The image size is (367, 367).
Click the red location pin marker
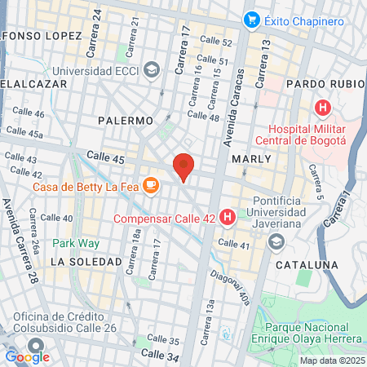pos(184,167)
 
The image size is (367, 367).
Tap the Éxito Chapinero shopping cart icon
pos(252,19)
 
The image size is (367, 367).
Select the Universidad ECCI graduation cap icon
pos(151,70)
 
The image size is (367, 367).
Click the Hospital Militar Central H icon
pos(324,107)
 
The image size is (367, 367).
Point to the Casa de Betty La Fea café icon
pos(150,186)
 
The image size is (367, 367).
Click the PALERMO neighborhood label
pos(126,120)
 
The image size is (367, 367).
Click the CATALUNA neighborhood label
pos(306,265)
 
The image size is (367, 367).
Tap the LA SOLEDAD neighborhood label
pos(86,262)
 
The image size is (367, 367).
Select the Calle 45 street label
pos(105,158)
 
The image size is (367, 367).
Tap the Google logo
pos(27,356)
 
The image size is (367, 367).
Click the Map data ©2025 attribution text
pos(331,360)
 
